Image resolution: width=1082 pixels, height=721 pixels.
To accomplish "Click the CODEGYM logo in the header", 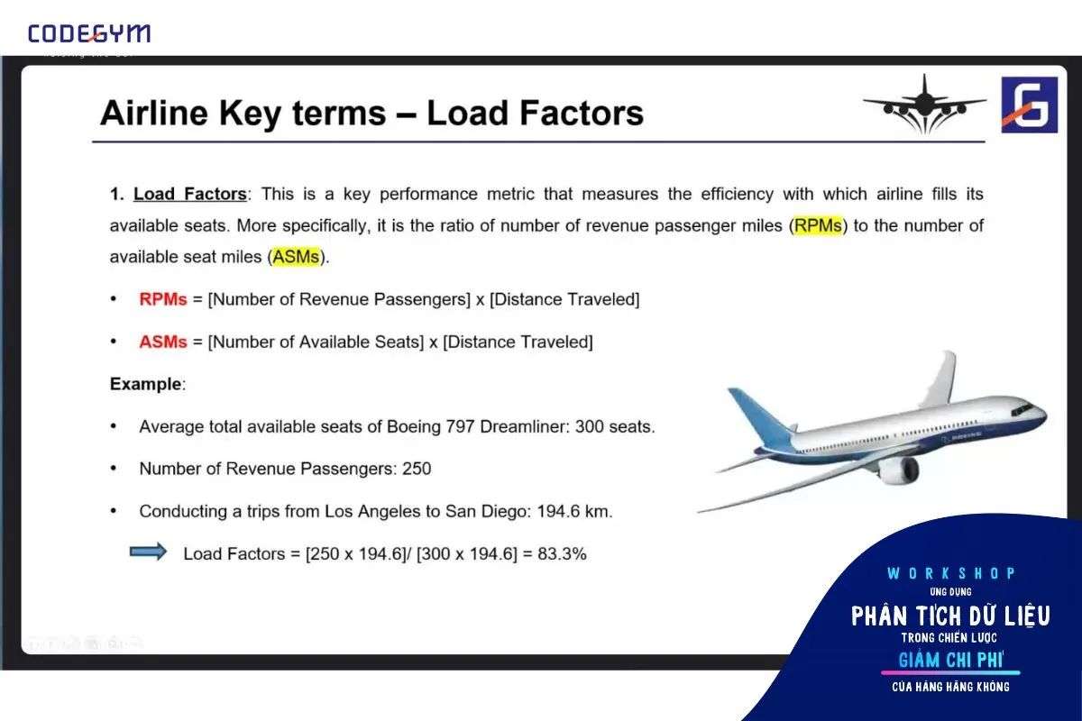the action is [89, 33].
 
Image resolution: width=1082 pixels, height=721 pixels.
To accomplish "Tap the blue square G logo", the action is [1030, 105].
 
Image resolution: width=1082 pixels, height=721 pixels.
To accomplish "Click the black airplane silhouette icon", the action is [924, 105].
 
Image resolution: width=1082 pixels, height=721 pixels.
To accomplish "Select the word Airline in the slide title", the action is [154, 113].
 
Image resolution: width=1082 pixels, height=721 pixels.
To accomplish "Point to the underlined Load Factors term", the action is [190, 194].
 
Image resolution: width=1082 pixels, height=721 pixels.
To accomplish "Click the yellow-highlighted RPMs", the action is [818, 225].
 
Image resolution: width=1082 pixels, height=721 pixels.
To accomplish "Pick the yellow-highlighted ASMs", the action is [296, 257].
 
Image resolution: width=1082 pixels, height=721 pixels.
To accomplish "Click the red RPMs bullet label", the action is [163, 299].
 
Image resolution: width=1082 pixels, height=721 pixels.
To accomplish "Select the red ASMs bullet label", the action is [163, 342].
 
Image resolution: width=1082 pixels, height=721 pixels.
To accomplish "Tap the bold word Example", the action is [145, 384].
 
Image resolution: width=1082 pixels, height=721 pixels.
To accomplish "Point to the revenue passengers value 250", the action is [417, 469].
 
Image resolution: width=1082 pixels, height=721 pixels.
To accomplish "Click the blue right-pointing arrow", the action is [148, 552].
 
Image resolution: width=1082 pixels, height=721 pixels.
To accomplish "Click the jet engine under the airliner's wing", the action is [898, 470].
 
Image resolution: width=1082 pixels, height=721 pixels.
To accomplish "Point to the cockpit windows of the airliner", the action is [1022, 409].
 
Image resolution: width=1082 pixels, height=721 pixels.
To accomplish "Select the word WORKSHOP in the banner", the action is [950, 573].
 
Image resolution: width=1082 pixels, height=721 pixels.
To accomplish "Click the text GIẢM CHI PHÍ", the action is [950, 660].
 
